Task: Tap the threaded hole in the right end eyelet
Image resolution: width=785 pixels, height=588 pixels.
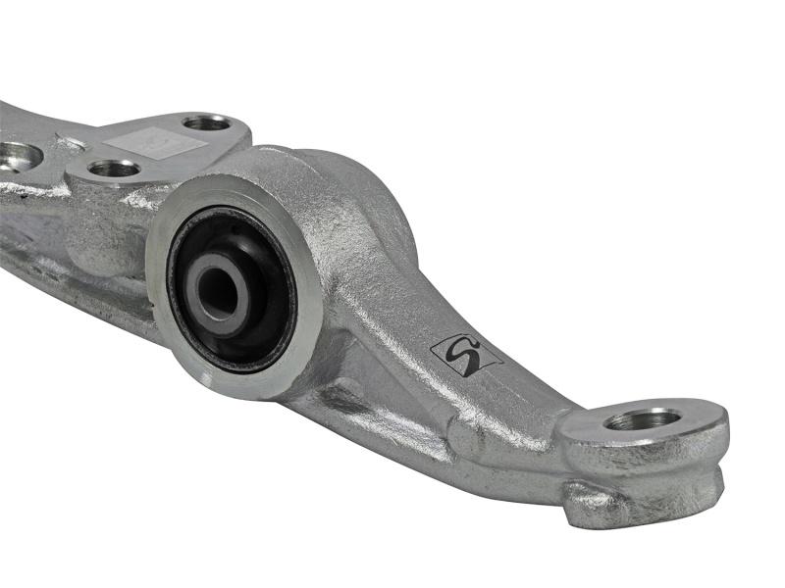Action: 643,419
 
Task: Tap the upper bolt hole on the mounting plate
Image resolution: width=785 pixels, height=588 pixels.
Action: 207,122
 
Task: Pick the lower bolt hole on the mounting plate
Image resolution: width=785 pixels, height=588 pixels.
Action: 114,169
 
